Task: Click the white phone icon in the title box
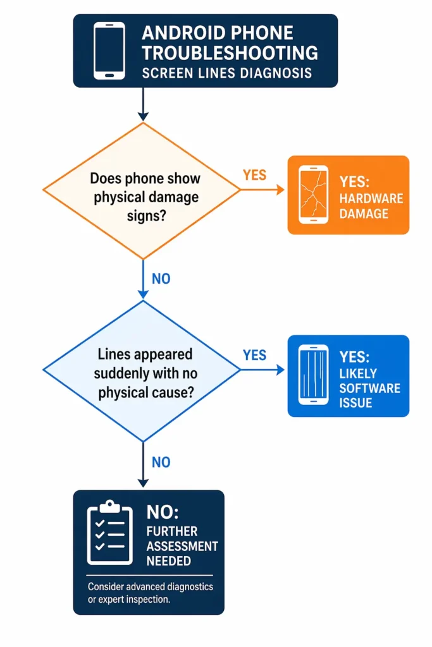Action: [x=109, y=51]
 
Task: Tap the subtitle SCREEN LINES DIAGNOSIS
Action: [x=226, y=73]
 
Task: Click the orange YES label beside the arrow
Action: [x=254, y=175]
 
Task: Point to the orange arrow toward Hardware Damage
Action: [x=262, y=189]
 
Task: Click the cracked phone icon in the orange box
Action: [x=314, y=195]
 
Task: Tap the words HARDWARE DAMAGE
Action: [x=371, y=206]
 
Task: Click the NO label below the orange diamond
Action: [x=161, y=278]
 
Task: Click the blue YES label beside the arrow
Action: [x=254, y=355]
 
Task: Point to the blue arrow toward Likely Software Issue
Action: [x=262, y=370]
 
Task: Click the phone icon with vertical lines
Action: [x=314, y=375]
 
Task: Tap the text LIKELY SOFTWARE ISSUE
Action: [x=369, y=387]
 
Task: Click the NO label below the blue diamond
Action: [x=161, y=463]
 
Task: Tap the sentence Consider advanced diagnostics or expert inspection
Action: [x=150, y=593]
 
